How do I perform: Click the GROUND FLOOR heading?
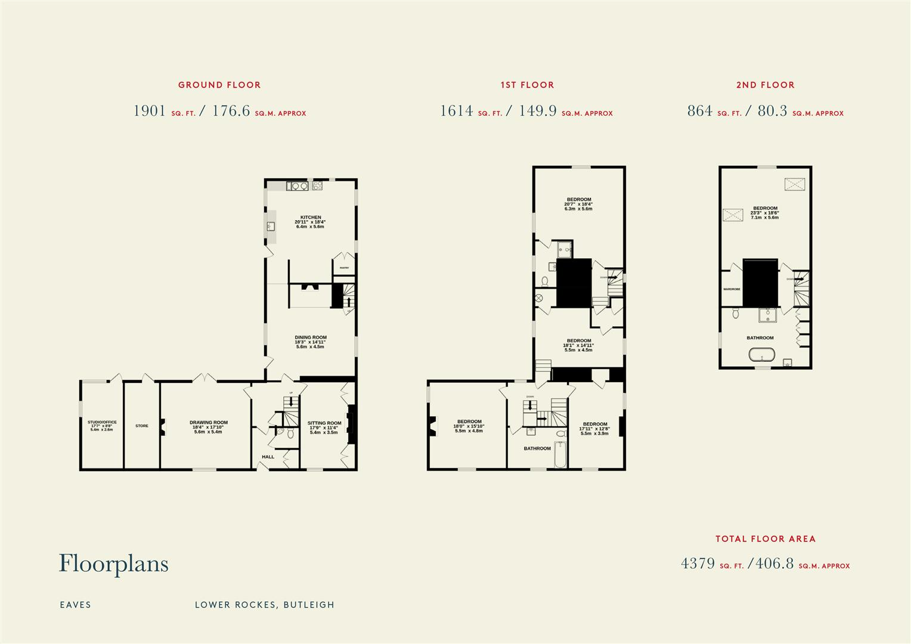click(x=219, y=85)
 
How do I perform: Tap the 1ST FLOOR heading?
click(x=527, y=85)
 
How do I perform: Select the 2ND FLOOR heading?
click(x=765, y=85)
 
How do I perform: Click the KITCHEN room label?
click(x=310, y=218)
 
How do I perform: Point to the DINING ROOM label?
click(x=310, y=338)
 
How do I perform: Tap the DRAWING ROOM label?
click(x=209, y=423)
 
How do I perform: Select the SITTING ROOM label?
click(x=324, y=423)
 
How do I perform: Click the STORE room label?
click(x=142, y=426)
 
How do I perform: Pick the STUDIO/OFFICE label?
click(x=102, y=422)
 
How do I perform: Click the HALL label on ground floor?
click(x=268, y=457)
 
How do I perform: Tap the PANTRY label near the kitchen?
click(x=344, y=268)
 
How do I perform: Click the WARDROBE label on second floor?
click(x=732, y=289)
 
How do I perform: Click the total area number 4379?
click(x=698, y=563)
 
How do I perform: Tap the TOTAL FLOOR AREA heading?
click(x=765, y=538)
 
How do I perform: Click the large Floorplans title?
click(x=113, y=563)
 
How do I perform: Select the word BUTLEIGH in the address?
click(x=309, y=605)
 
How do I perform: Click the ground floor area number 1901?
click(x=150, y=111)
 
